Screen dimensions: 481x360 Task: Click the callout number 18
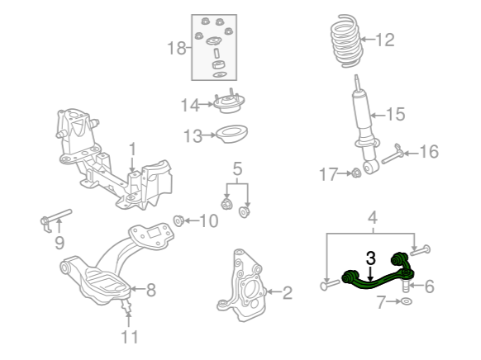(x=176, y=48)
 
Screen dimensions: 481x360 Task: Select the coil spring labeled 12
(x=346, y=40)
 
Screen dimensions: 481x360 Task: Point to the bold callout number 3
(x=370, y=258)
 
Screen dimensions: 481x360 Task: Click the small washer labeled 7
(x=406, y=301)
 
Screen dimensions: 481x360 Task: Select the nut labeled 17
(x=356, y=173)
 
